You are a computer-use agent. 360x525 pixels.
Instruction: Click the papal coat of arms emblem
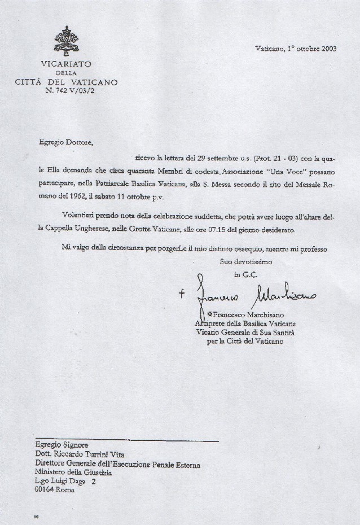pyautogui.click(x=67, y=40)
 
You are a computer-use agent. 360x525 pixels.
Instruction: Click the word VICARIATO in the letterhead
pyautogui.click(x=67, y=64)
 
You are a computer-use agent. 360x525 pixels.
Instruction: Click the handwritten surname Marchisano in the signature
pyautogui.click(x=286, y=295)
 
